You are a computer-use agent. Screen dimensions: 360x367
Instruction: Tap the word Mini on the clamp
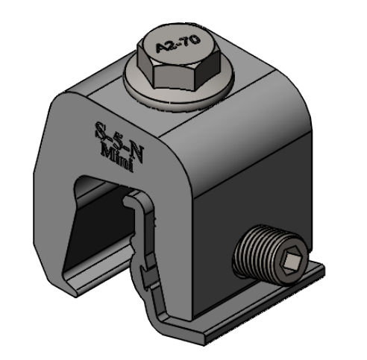tap(117, 157)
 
